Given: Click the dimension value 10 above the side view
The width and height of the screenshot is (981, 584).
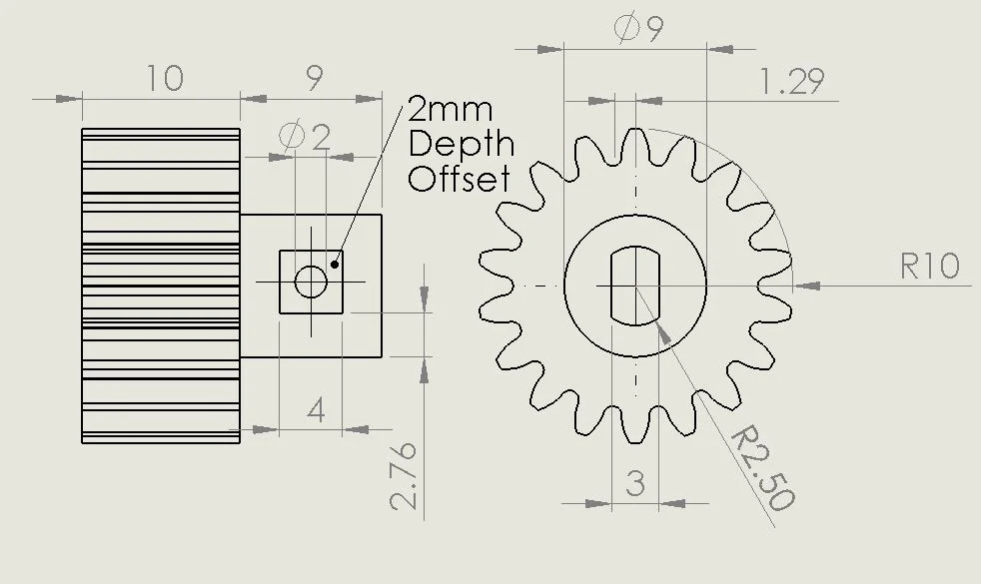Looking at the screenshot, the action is coord(165,78).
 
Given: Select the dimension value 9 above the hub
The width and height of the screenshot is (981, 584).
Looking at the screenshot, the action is coord(314,79).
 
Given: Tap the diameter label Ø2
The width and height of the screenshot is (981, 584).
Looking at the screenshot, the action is coord(306,136).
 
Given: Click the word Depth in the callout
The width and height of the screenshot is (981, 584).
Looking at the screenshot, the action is coord(462,145).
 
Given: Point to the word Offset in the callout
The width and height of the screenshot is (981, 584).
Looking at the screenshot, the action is coord(460,179).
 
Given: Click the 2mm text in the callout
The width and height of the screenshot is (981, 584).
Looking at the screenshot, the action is coord(451,110).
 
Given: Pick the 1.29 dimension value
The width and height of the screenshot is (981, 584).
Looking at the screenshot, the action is coord(791,81).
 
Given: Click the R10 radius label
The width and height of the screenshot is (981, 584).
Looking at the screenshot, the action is coord(930,266).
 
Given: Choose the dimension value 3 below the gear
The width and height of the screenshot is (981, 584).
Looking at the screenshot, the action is coord(635,484).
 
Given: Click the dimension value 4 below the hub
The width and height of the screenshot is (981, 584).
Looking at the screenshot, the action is coord(316,410).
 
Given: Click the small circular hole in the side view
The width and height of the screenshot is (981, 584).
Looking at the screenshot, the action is coord(311,283).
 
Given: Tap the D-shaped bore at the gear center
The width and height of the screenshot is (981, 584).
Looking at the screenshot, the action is coord(635,285).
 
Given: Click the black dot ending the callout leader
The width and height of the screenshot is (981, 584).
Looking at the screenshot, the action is coord(336,265).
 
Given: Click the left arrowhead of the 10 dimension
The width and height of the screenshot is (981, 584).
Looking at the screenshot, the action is coord(69,99).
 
